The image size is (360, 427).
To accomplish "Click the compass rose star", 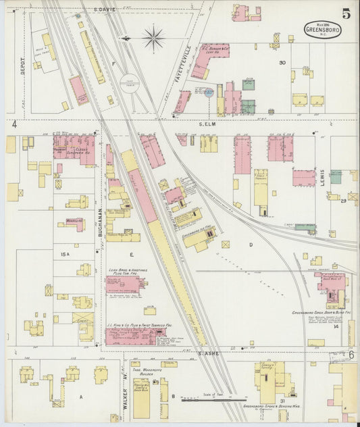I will (154, 38).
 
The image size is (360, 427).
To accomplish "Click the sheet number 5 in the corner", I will (345, 14).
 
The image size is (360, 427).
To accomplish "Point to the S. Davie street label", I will (105, 9).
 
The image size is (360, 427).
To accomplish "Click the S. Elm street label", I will (207, 124).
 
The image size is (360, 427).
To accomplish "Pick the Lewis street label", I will (323, 178).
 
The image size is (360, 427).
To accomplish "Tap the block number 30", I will (283, 63).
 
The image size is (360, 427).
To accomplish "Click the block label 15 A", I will (65, 254).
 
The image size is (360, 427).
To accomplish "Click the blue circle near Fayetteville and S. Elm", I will (209, 93).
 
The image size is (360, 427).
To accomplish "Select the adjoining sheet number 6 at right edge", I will (351, 354).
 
